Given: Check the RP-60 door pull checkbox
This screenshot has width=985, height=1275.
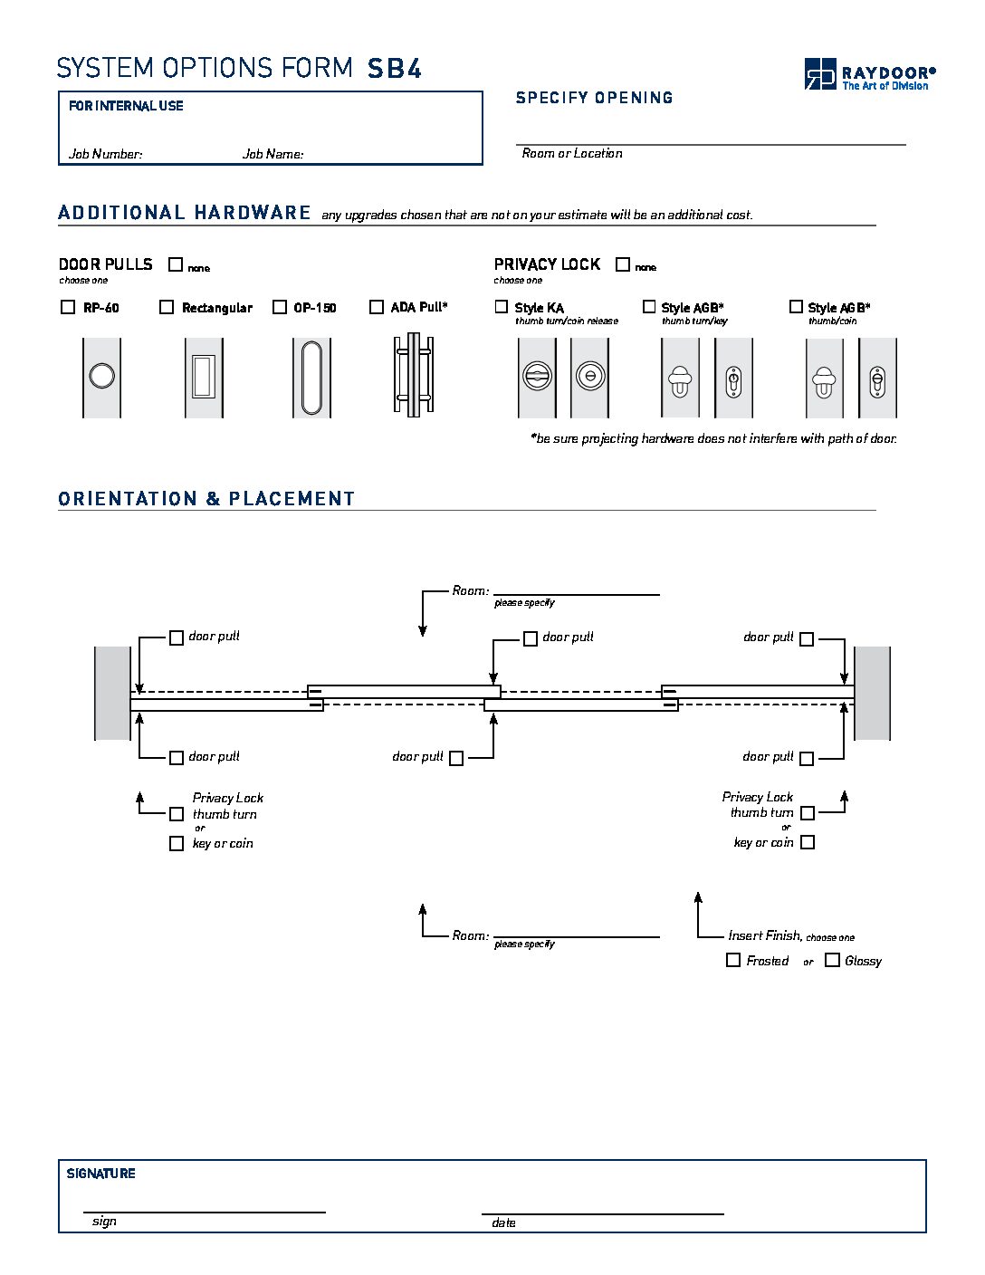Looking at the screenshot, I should click(x=68, y=307).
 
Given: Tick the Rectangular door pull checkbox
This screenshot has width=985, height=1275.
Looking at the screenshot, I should click(x=167, y=307).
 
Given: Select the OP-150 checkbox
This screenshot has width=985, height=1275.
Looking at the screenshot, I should click(x=280, y=307).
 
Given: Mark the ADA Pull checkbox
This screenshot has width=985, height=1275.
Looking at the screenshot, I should click(x=377, y=307).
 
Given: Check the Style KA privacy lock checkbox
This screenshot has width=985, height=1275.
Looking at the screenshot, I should click(x=502, y=307).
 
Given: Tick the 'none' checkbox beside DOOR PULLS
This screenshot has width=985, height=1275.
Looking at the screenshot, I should click(x=176, y=264).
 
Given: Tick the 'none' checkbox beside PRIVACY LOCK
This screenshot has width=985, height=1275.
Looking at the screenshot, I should click(x=623, y=264).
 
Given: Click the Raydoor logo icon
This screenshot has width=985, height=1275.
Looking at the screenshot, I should click(x=820, y=73).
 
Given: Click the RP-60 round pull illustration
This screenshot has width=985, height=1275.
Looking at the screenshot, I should click(x=101, y=376).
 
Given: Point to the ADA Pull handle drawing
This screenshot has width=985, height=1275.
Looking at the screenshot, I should click(x=413, y=375).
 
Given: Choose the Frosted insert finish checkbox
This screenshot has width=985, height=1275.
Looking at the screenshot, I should click(x=733, y=960).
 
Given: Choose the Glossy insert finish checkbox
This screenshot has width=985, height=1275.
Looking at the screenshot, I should click(x=832, y=960).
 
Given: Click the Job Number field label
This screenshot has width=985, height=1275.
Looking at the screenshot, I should click(x=106, y=154).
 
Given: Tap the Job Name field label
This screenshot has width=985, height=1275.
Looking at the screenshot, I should click(x=273, y=154).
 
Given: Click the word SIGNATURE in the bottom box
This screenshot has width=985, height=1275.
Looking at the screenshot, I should click(x=101, y=1174).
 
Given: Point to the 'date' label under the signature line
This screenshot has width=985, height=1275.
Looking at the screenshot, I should click(x=503, y=1222).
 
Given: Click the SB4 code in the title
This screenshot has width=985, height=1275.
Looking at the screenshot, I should click(x=395, y=69).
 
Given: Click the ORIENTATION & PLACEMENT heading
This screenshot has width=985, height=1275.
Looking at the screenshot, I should click(x=206, y=499).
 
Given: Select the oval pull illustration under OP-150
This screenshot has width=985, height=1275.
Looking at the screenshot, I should click(x=311, y=377).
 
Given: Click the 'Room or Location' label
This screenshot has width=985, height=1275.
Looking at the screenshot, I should click(x=572, y=153).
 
